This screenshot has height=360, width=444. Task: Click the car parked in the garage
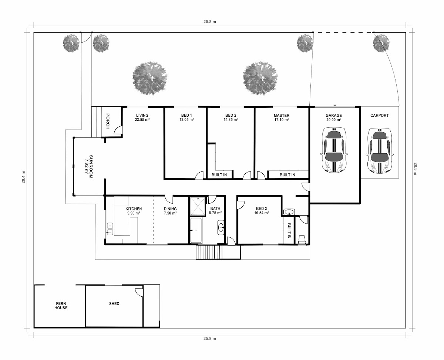[x=334, y=150]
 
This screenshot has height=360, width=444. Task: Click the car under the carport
[x=380, y=151]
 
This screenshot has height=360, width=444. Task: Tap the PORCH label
[x=108, y=121]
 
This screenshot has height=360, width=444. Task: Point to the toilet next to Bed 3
[x=302, y=239]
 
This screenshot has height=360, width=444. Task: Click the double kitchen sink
[x=110, y=229]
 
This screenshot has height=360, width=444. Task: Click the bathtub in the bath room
[x=196, y=230]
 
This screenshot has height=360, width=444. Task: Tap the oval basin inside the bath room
[x=221, y=227]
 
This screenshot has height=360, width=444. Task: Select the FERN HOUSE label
[x=61, y=306]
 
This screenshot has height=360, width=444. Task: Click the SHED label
[x=114, y=304]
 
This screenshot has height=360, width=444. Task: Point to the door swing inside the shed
[x=139, y=292]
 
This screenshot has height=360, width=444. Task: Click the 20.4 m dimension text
[x=23, y=177]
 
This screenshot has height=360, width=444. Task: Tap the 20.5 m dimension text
[x=415, y=169]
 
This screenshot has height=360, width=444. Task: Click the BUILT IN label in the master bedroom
[x=287, y=175]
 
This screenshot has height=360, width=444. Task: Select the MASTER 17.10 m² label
[x=282, y=117]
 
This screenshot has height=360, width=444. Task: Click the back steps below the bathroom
[x=209, y=252]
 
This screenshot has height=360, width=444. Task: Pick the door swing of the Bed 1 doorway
[x=199, y=176]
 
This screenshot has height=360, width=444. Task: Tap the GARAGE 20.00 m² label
[x=334, y=117]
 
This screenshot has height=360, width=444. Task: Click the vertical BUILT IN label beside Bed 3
[x=289, y=230]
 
